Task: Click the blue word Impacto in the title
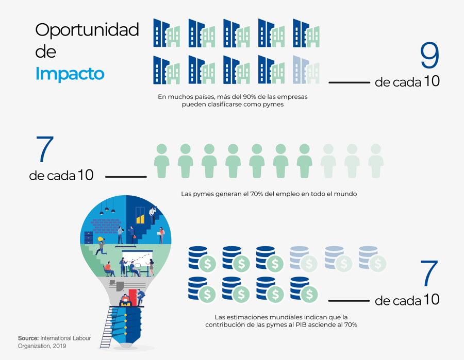tap(70, 74)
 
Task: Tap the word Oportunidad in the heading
tap(87, 30)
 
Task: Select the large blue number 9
tap(429, 55)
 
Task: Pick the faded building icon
tap(306, 70)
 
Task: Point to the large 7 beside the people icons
tap(45, 149)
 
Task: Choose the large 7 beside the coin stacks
tap(429, 273)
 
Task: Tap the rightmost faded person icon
tap(376, 161)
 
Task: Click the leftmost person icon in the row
tap(161, 161)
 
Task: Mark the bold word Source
tap(28, 338)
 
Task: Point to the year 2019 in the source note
tap(59, 346)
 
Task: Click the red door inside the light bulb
tap(132, 297)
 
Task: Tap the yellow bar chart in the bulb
tap(140, 219)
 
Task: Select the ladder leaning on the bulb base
tap(109, 327)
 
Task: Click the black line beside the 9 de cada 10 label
tap(349, 82)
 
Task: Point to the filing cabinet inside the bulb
tap(89, 238)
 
